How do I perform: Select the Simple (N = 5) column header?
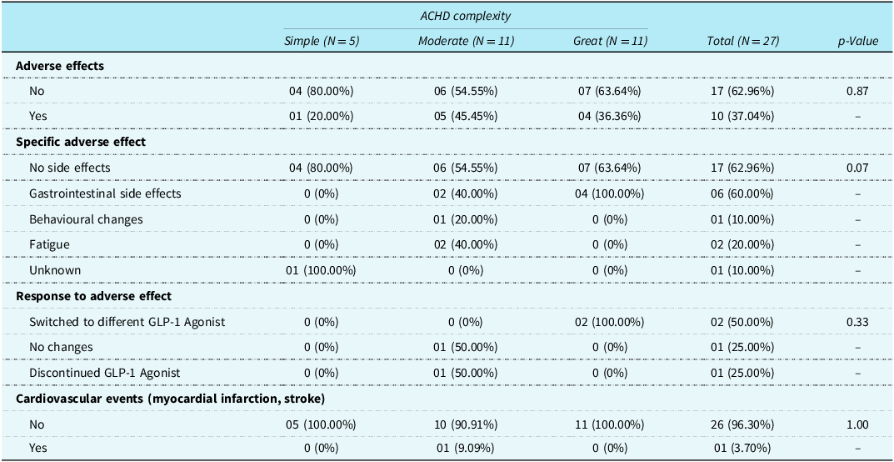[322, 41]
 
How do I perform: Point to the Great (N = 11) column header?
[610, 41]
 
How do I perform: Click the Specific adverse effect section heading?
[81, 142]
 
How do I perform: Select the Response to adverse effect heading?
[86, 296]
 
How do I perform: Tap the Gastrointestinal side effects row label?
[106, 193]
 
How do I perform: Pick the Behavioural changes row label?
[78, 219]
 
